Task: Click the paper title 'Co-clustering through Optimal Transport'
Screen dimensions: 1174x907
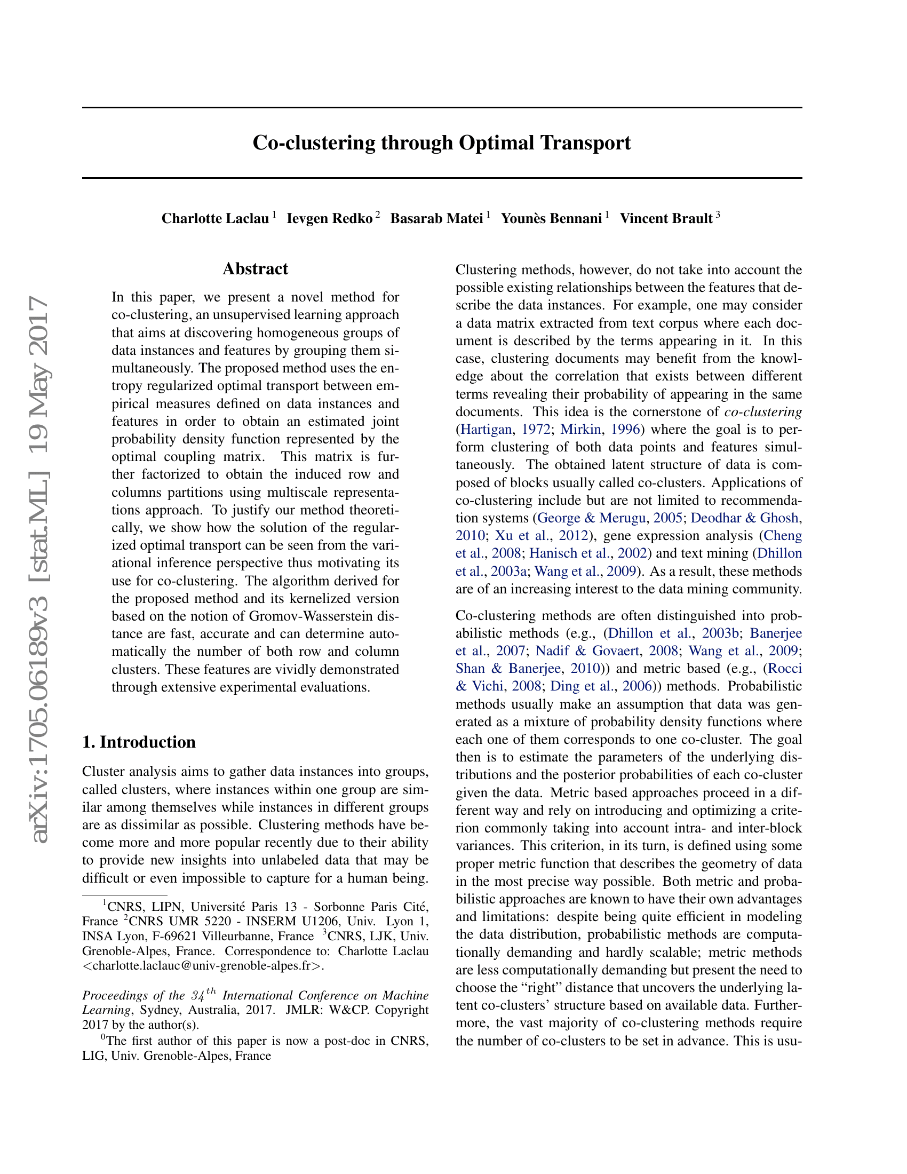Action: (x=442, y=143)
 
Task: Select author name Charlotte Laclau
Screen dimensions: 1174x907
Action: (x=215, y=219)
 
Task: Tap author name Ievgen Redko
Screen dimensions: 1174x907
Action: (x=329, y=219)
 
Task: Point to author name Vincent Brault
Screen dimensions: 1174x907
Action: (x=666, y=219)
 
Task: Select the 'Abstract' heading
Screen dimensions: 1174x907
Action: (x=255, y=269)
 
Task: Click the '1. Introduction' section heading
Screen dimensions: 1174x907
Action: (x=139, y=742)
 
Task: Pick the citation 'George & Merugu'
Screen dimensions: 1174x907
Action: (x=591, y=518)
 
